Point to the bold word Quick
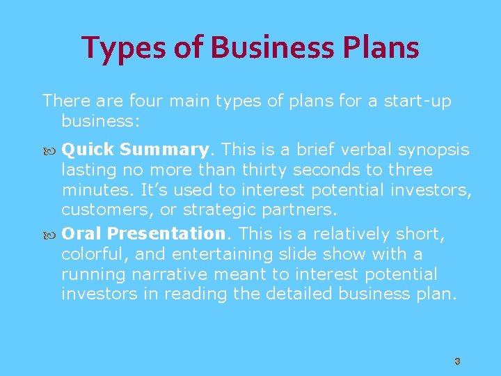click(88, 150)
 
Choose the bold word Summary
click(164, 150)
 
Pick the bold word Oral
click(82, 233)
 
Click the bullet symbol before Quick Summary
click(49, 150)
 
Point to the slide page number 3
click(457, 361)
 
